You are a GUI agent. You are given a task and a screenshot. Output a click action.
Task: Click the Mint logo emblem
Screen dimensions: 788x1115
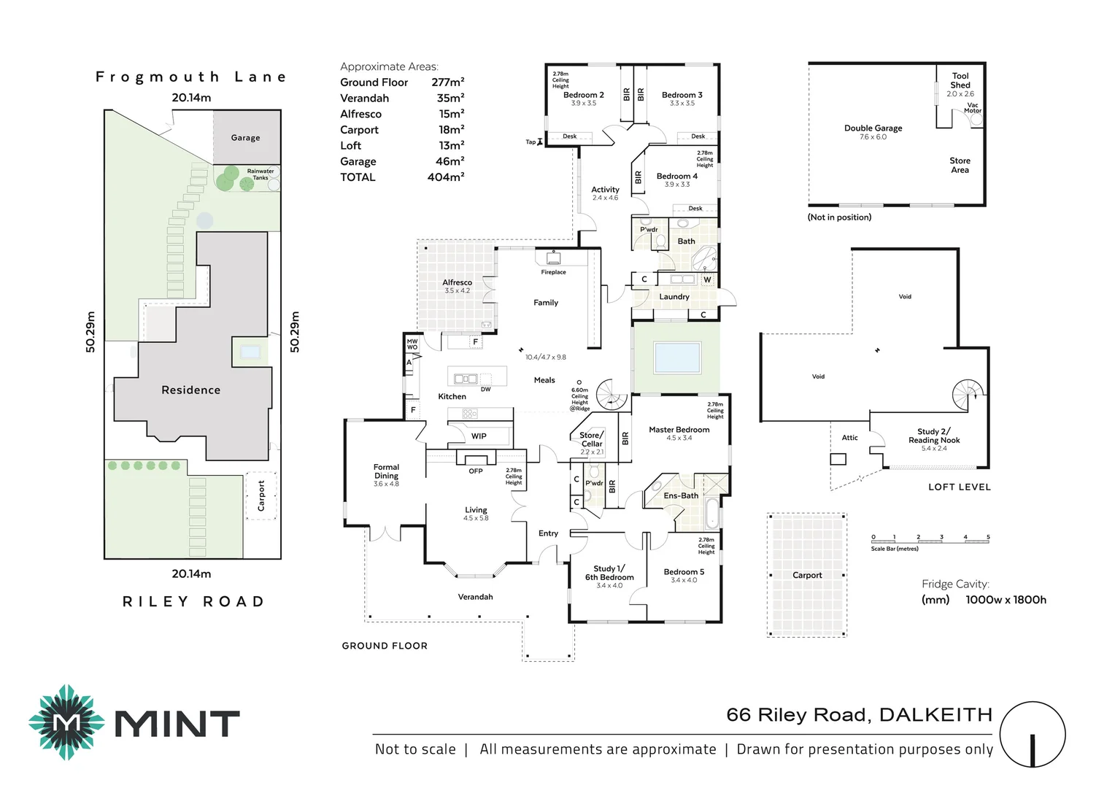66,722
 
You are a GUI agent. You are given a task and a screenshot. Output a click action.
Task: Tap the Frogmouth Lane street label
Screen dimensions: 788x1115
191,77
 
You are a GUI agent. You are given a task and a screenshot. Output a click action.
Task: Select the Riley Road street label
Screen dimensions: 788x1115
193,602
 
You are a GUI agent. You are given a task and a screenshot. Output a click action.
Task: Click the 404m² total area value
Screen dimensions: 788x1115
446,177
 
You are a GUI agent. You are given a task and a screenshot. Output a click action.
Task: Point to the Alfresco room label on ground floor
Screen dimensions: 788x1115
457,282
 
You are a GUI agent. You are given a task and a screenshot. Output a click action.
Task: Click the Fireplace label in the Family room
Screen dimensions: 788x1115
553,272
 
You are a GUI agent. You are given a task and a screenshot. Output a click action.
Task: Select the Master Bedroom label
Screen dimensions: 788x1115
679,430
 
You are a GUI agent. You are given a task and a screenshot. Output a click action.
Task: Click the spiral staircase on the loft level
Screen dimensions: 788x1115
968,395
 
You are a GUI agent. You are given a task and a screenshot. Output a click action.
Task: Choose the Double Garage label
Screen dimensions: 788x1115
873,128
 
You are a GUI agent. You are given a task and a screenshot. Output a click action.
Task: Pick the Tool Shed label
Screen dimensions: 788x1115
960,80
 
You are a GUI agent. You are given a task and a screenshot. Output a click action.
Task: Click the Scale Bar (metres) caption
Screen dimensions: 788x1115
895,549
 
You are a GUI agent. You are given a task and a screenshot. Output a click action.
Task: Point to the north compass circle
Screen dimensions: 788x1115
1033,735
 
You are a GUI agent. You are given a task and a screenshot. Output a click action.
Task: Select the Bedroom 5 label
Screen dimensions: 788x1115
684,572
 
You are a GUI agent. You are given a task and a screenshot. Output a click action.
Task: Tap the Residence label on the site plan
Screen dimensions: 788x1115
190,390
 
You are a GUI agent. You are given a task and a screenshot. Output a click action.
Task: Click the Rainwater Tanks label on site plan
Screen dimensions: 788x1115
261,174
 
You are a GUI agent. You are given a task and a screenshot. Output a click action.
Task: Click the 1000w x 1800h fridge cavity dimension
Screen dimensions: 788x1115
1006,600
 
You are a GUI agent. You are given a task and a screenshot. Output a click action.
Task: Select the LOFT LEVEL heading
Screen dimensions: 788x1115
959,487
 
